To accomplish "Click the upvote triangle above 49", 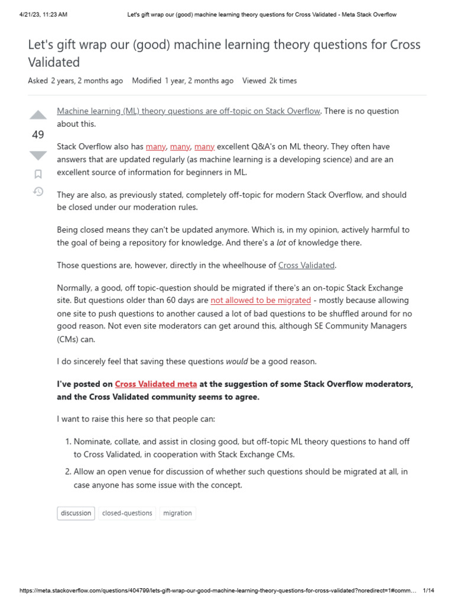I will (x=38, y=115).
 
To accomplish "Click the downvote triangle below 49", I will (x=38, y=156).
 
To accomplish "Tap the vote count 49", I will (x=38, y=135).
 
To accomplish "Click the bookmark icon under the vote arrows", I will (x=38, y=174).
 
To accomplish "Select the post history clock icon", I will (x=38, y=191).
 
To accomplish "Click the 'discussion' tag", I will (x=76, y=513).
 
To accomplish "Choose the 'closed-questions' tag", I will (x=127, y=513).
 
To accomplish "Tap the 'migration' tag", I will (x=177, y=513).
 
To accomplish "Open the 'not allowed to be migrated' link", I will (x=261, y=300).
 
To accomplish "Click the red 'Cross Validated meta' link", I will (x=156, y=384).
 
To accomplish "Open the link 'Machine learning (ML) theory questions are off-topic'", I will (x=189, y=111).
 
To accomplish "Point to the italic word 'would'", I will (x=237, y=361).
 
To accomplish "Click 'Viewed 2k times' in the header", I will (x=270, y=80).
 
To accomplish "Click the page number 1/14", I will (x=429, y=591).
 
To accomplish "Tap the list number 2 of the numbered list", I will (x=68, y=472).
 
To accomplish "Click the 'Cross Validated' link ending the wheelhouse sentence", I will (x=306, y=265).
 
